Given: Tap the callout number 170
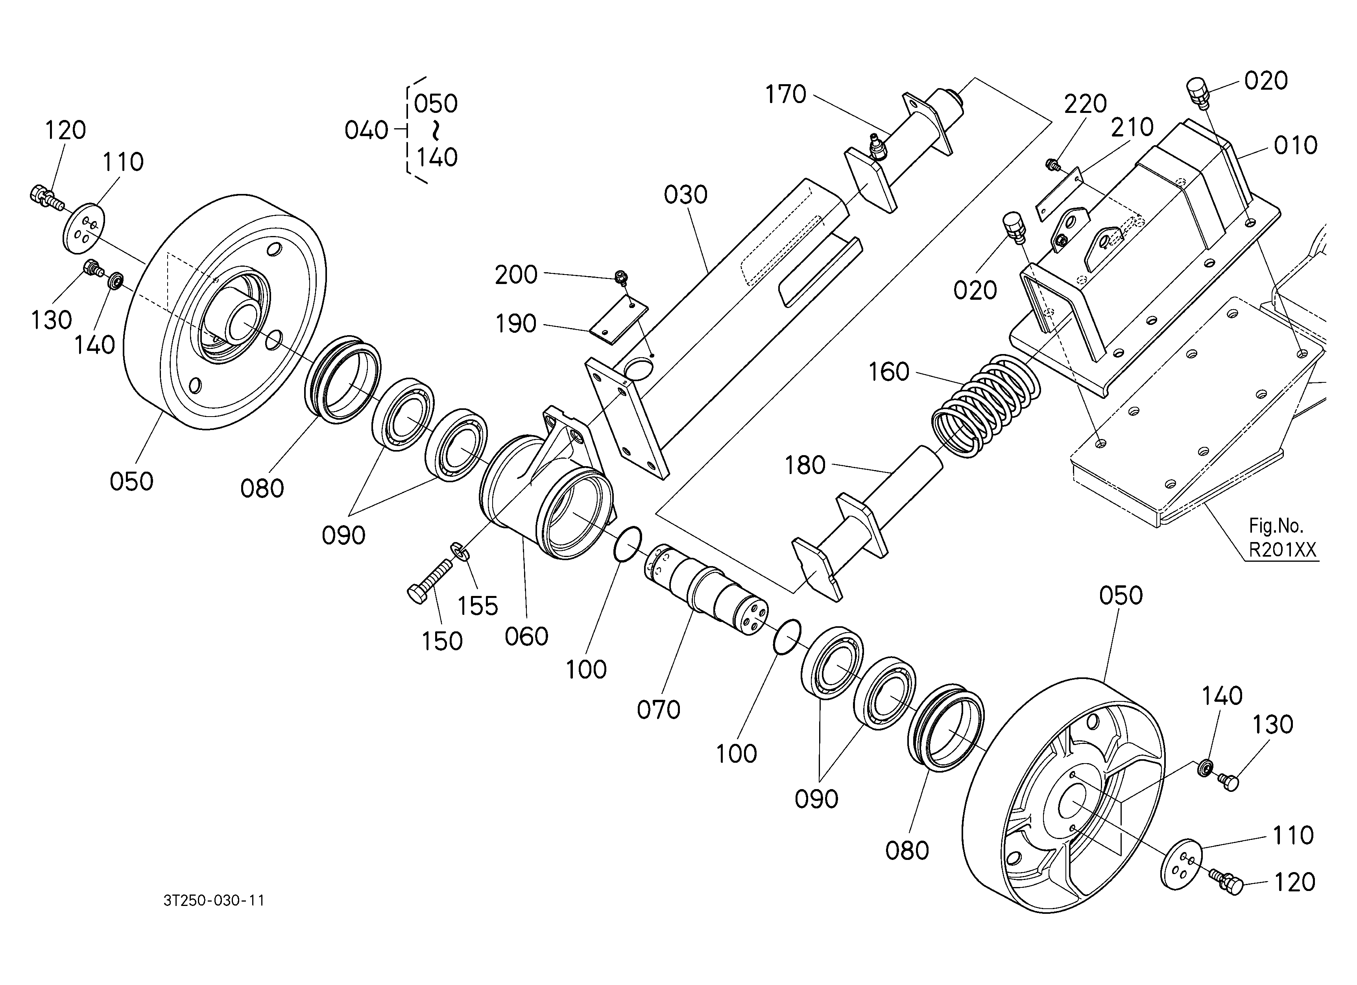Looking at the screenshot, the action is click(786, 94).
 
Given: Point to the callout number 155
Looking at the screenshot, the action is click(478, 607).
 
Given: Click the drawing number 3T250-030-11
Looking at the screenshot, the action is click(214, 901).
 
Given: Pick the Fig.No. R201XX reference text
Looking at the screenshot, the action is click(1282, 538).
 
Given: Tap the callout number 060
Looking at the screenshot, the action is click(526, 637).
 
